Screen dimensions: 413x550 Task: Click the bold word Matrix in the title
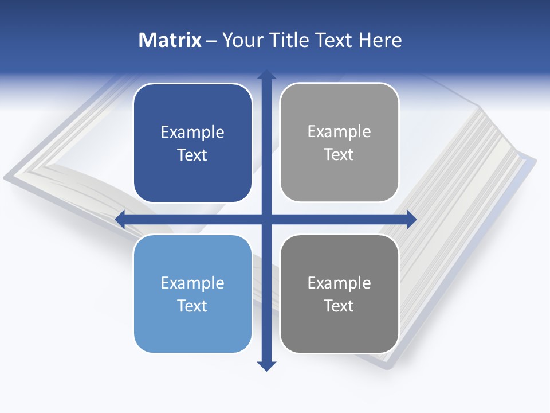[170, 40]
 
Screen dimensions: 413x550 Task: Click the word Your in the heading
[243, 40]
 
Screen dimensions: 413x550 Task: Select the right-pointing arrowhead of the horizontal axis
[411, 219]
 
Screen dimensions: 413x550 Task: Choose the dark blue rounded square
[192, 172]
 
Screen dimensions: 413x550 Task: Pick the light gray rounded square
[339, 172]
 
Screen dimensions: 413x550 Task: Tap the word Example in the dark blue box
[192, 133]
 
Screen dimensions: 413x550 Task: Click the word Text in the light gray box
[339, 155]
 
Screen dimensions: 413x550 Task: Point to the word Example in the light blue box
[192, 283]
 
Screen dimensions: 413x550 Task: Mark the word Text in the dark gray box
[339, 306]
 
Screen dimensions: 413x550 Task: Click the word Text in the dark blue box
[192, 155]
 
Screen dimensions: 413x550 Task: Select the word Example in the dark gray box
[339, 283]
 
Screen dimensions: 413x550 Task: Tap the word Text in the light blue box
[192, 306]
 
